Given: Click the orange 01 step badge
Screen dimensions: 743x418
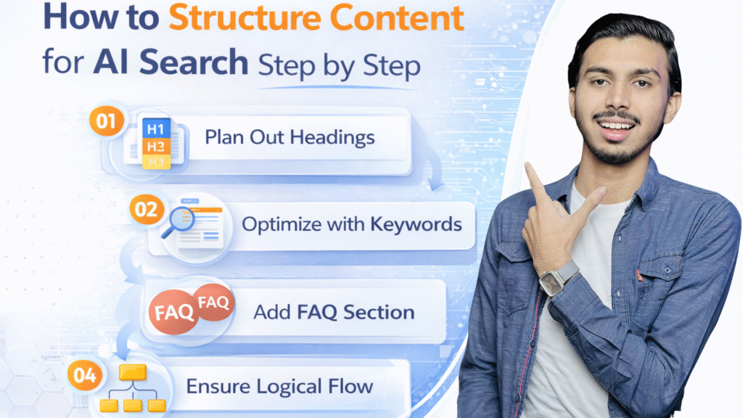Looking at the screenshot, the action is coord(106,121).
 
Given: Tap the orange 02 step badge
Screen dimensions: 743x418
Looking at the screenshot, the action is coord(146,209).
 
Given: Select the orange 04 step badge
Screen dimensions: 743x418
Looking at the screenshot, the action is coord(84,375).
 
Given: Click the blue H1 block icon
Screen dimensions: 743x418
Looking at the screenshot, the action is coord(156,128).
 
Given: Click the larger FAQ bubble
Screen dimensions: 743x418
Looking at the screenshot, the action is coord(173,312).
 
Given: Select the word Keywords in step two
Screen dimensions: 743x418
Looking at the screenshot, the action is coord(416,224).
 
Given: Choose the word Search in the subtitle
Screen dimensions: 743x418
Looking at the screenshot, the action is coord(194,62).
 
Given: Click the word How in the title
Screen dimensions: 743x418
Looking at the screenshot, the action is coord(81,17).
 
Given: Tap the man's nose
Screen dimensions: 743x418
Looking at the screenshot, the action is coord(617,97).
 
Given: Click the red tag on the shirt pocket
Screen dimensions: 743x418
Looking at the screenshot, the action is coord(639,275).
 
